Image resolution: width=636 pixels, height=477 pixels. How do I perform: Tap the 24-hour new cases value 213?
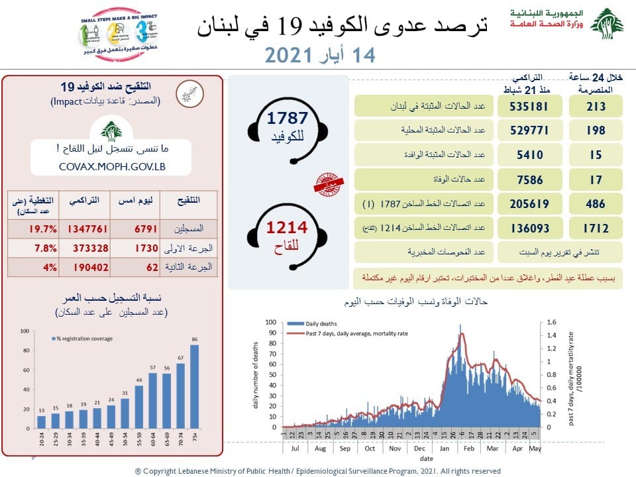click(x=595, y=107)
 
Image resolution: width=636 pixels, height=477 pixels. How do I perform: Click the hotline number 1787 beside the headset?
click(x=288, y=119)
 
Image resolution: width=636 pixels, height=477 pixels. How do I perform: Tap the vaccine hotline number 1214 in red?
click(x=287, y=228)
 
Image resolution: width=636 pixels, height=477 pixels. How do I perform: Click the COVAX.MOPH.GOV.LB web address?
click(x=111, y=166)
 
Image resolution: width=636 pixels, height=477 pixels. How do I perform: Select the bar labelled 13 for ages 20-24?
click(x=42, y=421)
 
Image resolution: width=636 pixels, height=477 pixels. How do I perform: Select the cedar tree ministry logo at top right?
click(x=606, y=24)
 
